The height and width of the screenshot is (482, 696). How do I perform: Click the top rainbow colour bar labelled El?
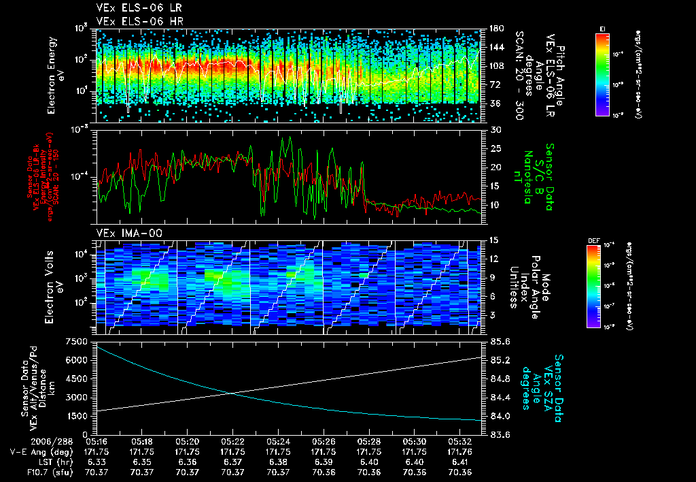(602, 74)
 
